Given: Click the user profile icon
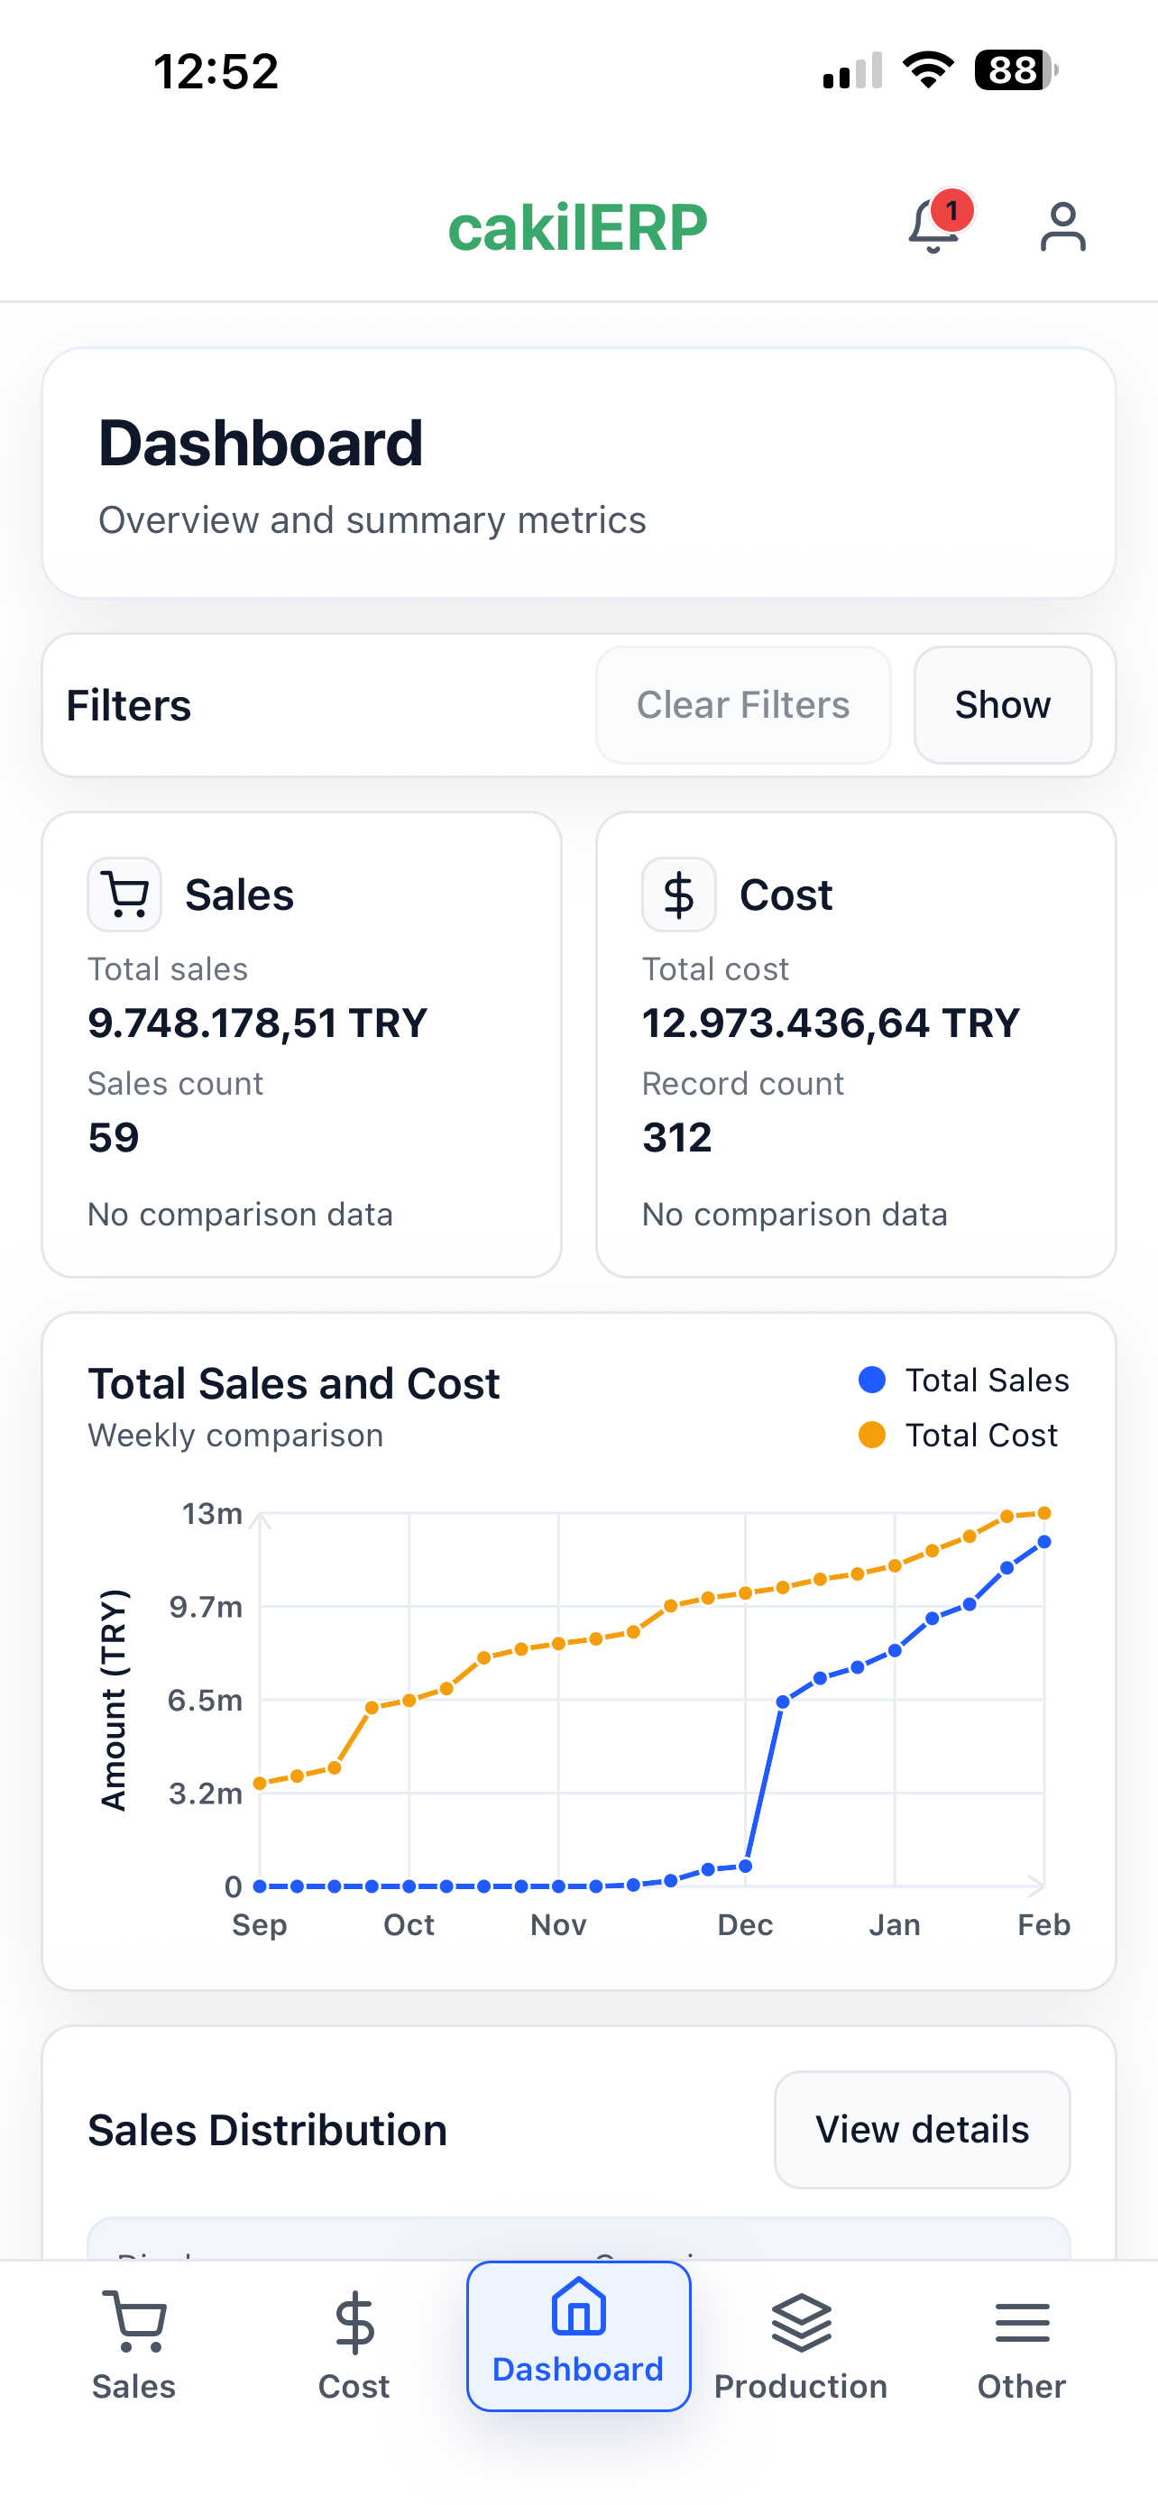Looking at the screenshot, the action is click(1062, 226).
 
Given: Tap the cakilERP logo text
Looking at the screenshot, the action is click(577, 227).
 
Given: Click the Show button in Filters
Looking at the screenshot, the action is click(1003, 705).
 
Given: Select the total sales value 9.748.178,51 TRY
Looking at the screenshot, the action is click(258, 1023).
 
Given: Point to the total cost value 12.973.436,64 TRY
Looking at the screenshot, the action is click(832, 1023).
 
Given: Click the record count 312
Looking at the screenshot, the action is click(676, 1137).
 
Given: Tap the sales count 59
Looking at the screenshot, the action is click(114, 1137).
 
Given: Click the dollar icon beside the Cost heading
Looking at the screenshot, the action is click(679, 895).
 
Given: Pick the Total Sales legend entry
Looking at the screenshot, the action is click(963, 1380).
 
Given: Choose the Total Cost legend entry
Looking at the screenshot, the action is click(958, 1436).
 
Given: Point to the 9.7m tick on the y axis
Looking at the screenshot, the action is click(205, 1607).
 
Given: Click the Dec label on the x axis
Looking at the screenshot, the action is click(745, 1924).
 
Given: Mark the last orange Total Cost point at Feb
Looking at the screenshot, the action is click(1044, 1513).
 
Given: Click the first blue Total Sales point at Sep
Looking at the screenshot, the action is click(260, 1886).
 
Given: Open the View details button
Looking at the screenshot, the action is click(922, 2130).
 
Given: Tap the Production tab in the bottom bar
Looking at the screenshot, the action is click(800, 2346).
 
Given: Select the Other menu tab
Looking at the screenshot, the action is click(1022, 2346).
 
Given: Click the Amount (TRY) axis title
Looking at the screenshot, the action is click(114, 1699).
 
